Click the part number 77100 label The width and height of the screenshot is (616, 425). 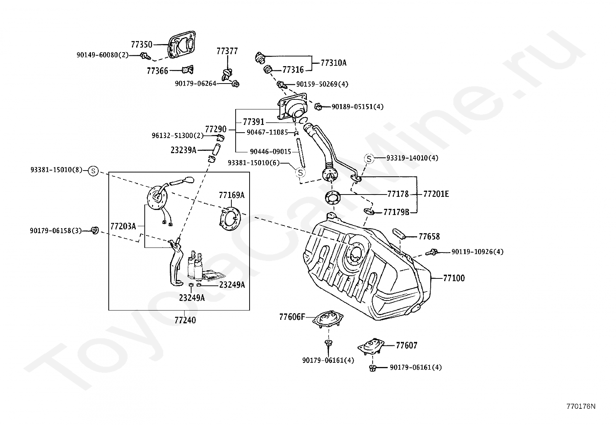[454, 278]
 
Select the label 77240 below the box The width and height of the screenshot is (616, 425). [185, 320]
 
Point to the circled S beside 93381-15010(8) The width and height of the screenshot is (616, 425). [93, 171]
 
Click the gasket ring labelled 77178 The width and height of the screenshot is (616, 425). [333, 197]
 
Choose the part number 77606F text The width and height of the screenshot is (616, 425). [292, 317]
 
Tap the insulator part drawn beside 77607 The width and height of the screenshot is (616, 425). [371, 346]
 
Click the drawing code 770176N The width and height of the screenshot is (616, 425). [581, 406]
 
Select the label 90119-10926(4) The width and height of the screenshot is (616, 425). [477, 252]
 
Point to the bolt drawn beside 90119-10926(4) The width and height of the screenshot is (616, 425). [431, 252]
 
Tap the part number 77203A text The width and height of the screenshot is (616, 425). [123, 226]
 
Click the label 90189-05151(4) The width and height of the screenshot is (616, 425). [358, 107]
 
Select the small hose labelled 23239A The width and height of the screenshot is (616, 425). [216, 149]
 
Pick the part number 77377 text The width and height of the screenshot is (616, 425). [227, 51]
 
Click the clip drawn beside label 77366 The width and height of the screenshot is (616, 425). [188, 70]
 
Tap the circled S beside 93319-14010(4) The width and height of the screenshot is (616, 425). [369, 159]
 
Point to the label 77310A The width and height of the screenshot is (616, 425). [334, 63]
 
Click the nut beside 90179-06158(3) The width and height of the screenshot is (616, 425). [94, 230]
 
